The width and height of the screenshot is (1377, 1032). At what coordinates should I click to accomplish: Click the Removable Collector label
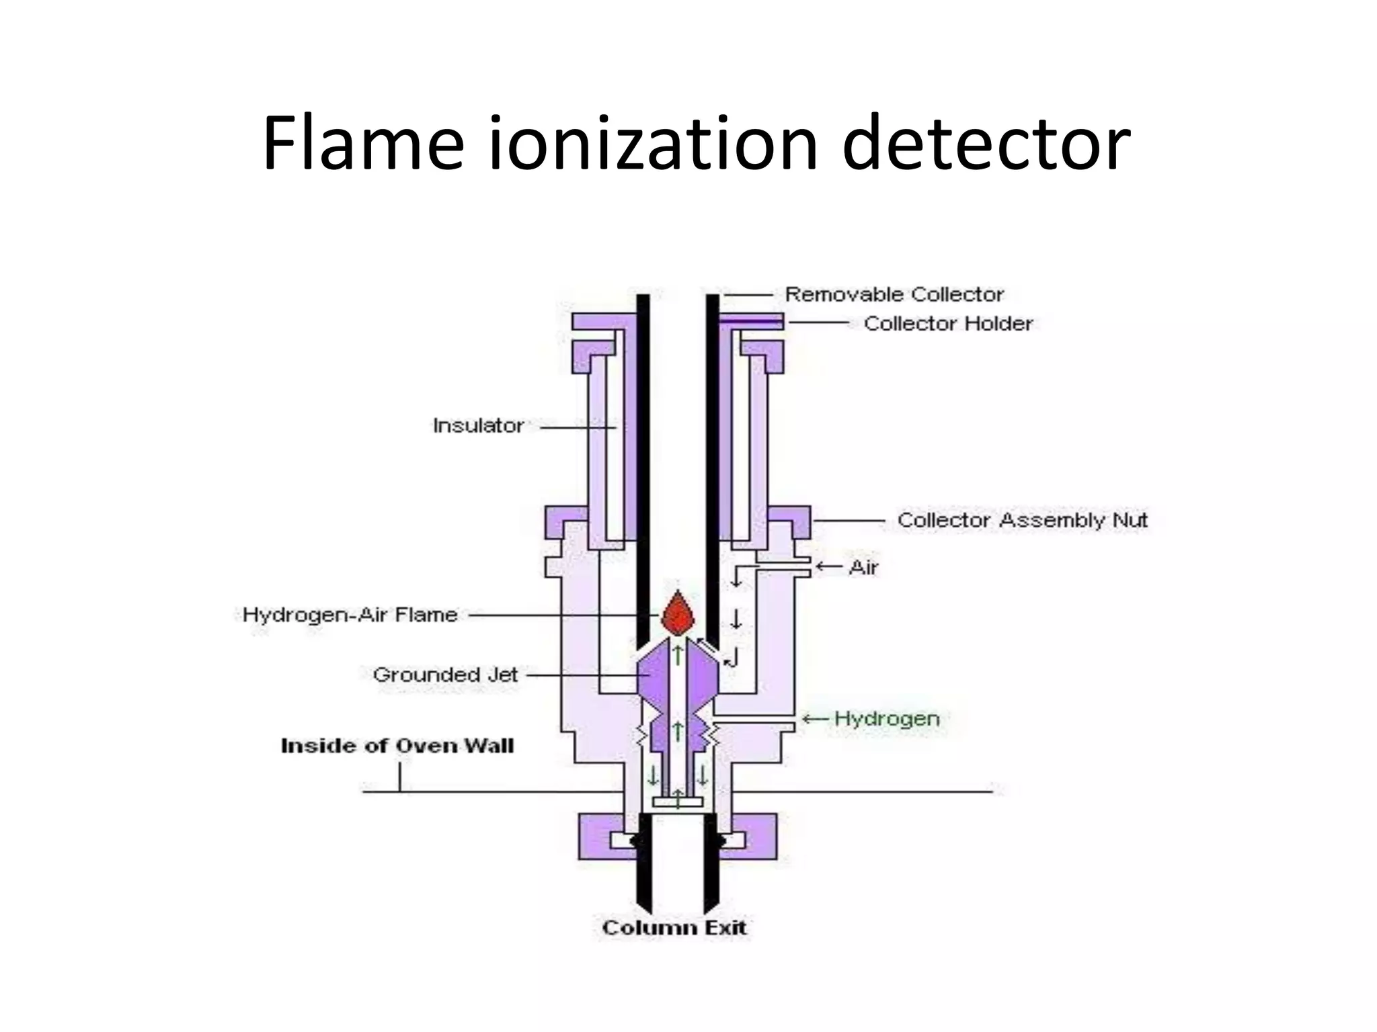pyautogui.click(x=894, y=294)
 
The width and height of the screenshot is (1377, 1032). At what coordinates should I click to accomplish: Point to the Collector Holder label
pyautogui.click(x=948, y=324)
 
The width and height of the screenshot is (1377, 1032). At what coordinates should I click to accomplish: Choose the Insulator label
pyautogui.click(x=478, y=426)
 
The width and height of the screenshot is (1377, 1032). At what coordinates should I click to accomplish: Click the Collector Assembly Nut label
pyautogui.click(x=1022, y=520)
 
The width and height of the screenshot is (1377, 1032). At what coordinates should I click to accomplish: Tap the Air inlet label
pyautogui.click(x=863, y=568)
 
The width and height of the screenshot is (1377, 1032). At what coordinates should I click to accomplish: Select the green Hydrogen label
pyautogui.click(x=887, y=719)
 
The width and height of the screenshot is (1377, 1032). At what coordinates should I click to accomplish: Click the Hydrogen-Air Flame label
pyautogui.click(x=350, y=615)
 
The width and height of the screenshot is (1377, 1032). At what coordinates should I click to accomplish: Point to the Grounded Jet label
pyautogui.click(x=445, y=675)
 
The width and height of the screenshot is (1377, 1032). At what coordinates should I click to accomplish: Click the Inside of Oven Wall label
pyautogui.click(x=397, y=746)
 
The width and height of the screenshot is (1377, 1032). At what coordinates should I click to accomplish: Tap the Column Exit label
pyautogui.click(x=674, y=928)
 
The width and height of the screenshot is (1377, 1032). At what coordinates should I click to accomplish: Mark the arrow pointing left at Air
pyautogui.click(x=828, y=568)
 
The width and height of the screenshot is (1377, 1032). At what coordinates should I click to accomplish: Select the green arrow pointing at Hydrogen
pyautogui.click(x=815, y=719)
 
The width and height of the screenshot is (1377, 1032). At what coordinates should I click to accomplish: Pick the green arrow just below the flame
pyautogui.click(x=678, y=654)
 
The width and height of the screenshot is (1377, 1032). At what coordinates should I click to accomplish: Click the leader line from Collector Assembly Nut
pyautogui.click(x=849, y=521)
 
